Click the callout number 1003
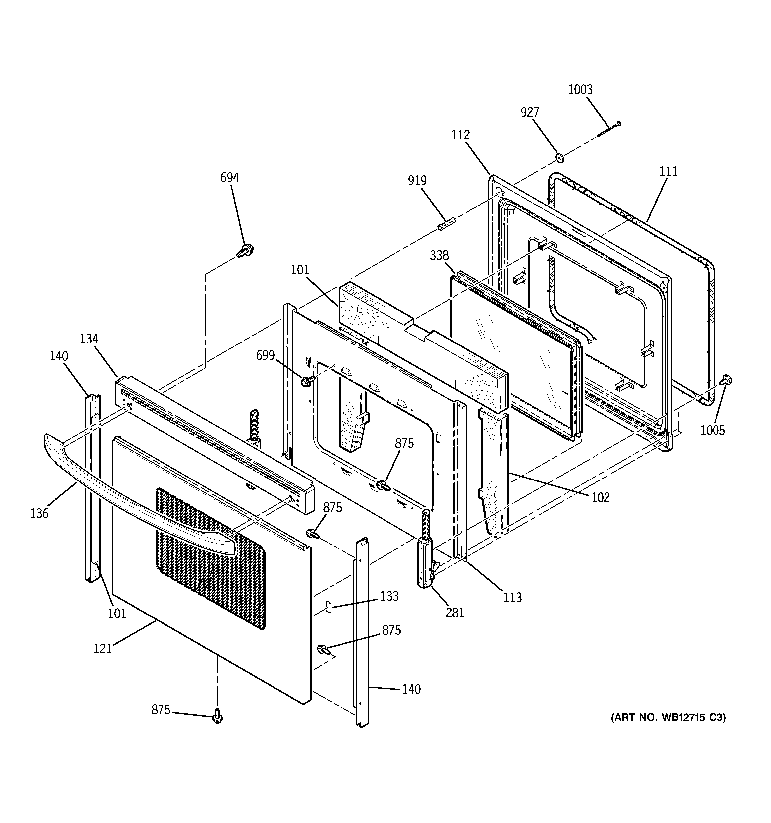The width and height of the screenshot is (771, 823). pyautogui.click(x=580, y=90)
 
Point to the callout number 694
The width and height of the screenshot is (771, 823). pyautogui.click(x=229, y=178)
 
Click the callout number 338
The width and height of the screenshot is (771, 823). pyautogui.click(x=439, y=255)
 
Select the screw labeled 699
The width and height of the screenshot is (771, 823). pyautogui.click(x=308, y=380)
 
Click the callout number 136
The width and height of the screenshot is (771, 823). pyautogui.click(x=39, y=514)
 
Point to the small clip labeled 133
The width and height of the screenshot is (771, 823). pyautogui.click(x=329, y=606)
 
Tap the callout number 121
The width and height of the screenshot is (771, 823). pyautogui.click(x=102, y=649)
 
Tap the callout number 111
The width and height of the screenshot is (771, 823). pyautogui.click(x=668, y=171)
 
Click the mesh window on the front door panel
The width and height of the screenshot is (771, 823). pyautogui.click(x=211, y=559)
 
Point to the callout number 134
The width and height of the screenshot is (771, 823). pyautogui.click(x=89, y=339)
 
